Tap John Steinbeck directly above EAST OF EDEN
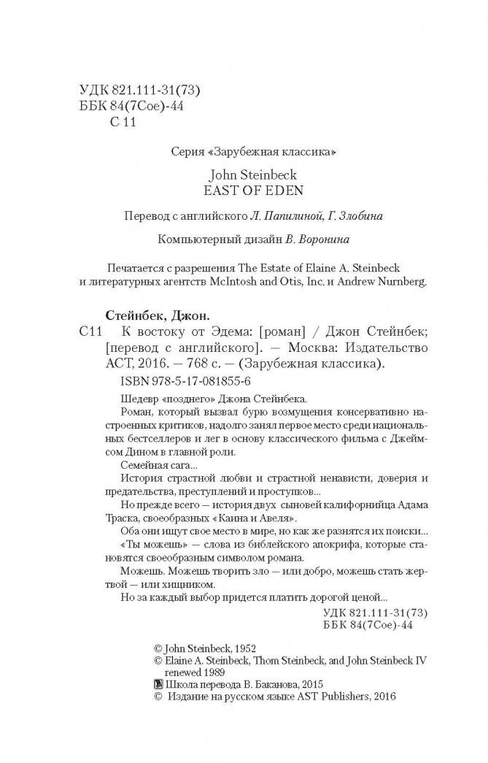[244, 175]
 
